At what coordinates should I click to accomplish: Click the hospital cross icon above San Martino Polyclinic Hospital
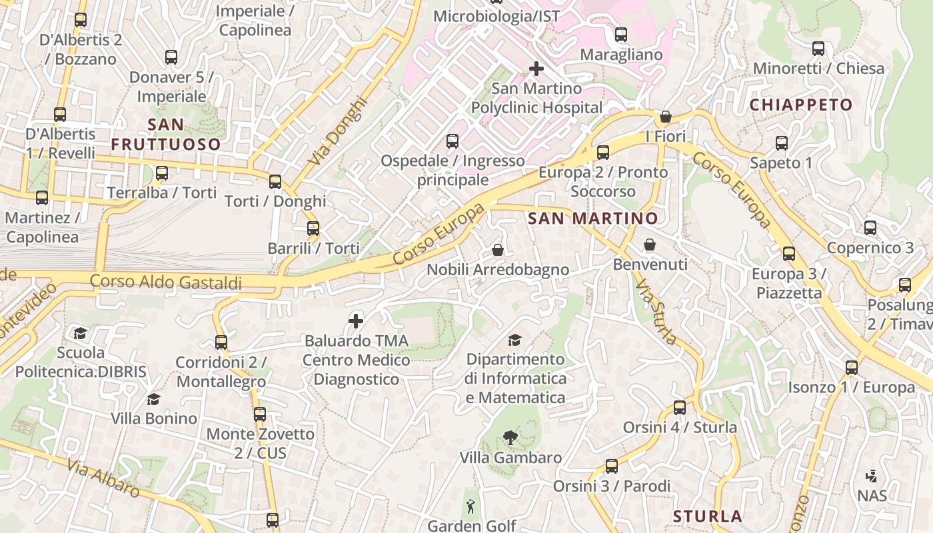[536, 69]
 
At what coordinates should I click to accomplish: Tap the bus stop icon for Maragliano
[621, 35]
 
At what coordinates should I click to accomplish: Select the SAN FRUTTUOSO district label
[165, 134]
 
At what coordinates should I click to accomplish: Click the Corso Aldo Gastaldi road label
[166, 282]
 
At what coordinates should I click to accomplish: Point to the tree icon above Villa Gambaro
[510, 438]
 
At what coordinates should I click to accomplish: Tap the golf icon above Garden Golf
[472, 506]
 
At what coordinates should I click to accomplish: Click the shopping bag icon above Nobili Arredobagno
[498, 250]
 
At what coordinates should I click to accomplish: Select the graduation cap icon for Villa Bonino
[154, 399]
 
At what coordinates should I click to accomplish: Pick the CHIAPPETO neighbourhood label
[801, 105]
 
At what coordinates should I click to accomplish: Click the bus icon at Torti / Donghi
[275, 181]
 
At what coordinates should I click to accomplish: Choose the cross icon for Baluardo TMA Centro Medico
[356, 321]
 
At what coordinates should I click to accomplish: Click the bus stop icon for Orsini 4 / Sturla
[680, 407]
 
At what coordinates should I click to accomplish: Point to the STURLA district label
[707, 516]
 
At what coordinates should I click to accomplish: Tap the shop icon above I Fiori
[665, 117]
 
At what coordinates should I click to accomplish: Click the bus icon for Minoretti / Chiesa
[818, 49]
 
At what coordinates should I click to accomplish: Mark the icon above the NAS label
[871, 476]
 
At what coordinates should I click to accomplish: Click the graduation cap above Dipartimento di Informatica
[514, 340]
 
